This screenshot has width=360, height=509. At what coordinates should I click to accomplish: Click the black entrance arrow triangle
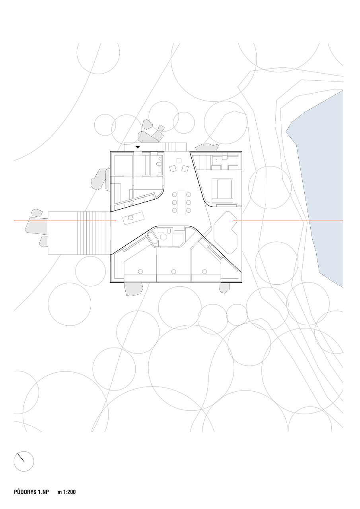click(x=138, y=147)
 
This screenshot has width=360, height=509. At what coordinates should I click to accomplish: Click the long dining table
click(x=181, y=202)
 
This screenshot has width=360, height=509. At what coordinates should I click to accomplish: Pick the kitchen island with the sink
click(x=133, y=218)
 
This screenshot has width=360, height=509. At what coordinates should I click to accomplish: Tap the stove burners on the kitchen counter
click(x=132, y=203)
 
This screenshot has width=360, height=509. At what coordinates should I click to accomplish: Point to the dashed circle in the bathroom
click(x=163, y=237)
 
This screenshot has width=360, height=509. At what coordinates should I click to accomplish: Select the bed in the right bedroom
click(x=222, y=188)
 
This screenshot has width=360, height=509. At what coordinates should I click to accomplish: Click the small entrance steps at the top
click(x=173, y=147)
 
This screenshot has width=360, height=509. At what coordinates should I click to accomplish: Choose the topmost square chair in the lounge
click(x=179, y=161)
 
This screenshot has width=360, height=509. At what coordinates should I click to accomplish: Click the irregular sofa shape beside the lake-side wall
click(x=226, y=233)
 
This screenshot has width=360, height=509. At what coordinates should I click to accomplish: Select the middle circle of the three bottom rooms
click(x=174, y=271)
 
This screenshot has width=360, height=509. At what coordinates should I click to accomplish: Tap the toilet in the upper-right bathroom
click(x=215, y=161)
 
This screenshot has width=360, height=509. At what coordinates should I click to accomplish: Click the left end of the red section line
click(x=14, y=221)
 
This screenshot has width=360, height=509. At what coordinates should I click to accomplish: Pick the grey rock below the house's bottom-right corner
click(x=224, y=288)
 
